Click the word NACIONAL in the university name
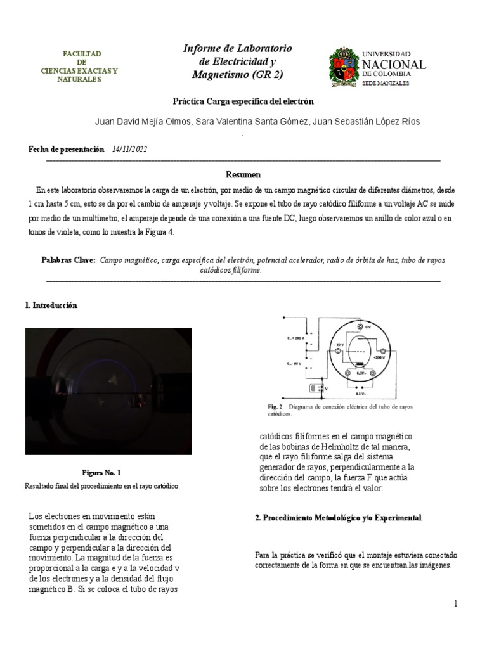point(393,65)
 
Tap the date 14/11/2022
point(130,148)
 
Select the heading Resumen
point(243,174)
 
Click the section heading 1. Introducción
point(50,305)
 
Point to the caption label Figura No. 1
point(101,473)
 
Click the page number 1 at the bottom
point(455,604)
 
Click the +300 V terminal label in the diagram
point(380,357)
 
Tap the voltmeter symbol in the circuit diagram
point(315,388)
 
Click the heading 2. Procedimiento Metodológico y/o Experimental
point(338,518)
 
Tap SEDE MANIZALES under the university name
point(385,83)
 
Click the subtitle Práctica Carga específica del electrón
point(243,101)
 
